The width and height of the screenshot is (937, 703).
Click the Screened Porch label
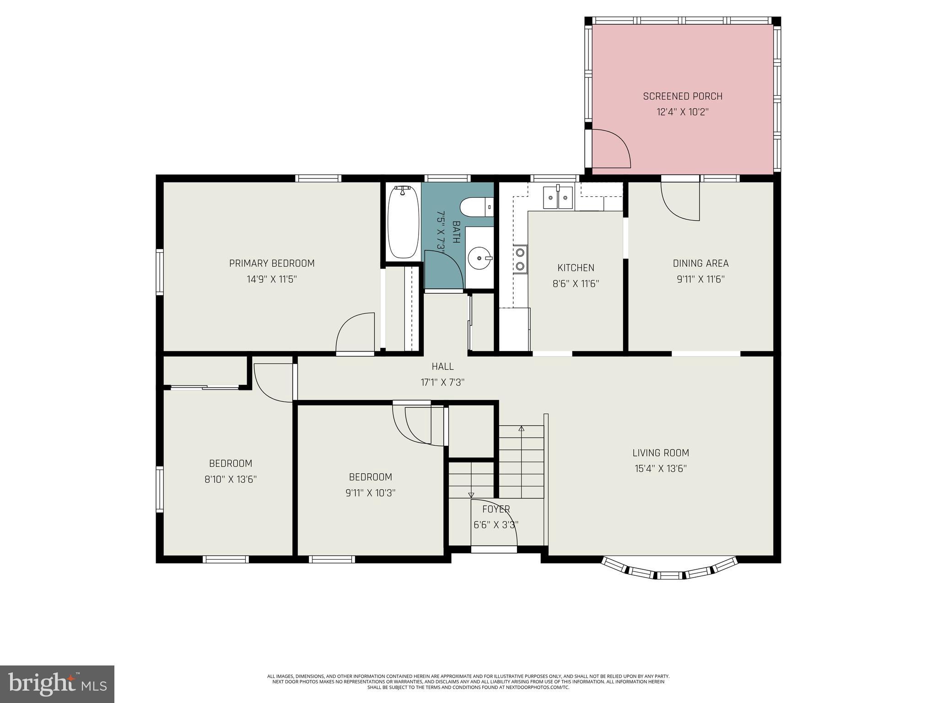(683, 96)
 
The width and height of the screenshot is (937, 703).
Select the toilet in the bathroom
(476, 207)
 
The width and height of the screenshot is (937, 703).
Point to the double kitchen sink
(558, 197)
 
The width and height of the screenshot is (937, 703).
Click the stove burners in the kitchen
(520, 259)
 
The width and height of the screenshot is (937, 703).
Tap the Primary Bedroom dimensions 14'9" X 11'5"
(272, 279)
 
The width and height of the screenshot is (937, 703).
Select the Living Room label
(661, 453)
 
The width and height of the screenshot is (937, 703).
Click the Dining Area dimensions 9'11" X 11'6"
(700, 279)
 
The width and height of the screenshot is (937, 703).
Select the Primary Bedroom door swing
(355, 333)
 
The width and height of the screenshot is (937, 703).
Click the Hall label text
(442, 367)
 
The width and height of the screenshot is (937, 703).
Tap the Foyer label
(496, 509)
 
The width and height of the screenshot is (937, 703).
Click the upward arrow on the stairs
(521, 429)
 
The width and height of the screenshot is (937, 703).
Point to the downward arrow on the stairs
(471, 495)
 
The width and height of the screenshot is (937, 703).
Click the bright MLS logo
(57, 683)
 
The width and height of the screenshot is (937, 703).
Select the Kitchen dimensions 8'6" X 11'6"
(576, 284)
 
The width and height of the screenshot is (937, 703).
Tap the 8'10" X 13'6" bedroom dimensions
(231, 480)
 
